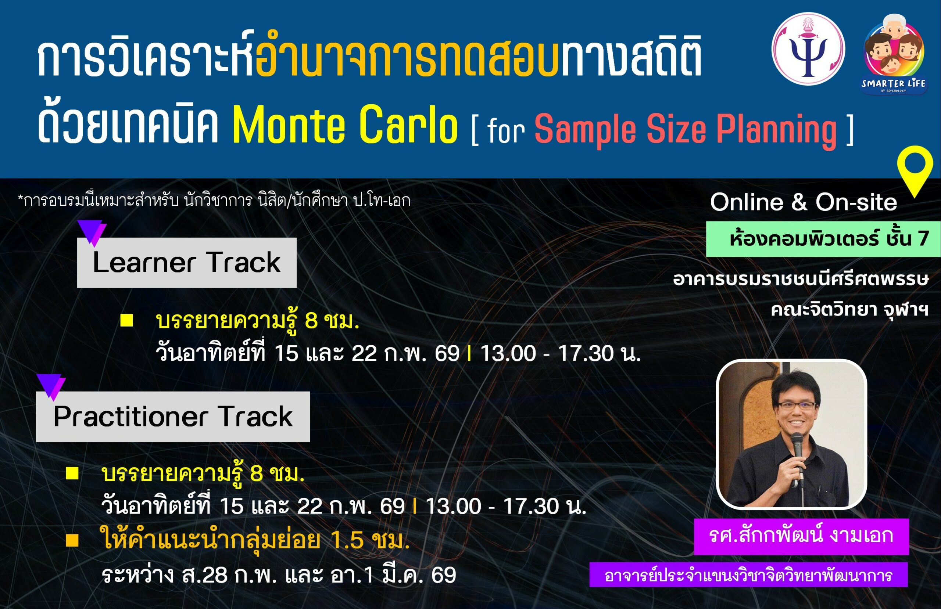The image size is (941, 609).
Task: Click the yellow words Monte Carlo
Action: click(x=345, y=125)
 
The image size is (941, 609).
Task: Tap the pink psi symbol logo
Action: click(x=808, y=48)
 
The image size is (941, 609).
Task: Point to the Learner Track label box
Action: click(x=187, y=262)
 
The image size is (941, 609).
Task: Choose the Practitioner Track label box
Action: click(x=173, y=417)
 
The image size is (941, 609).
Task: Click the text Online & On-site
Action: click(x=804, y=202)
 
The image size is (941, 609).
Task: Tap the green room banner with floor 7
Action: click(x=823, y=239)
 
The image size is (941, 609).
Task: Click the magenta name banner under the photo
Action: click(x=801, y=536)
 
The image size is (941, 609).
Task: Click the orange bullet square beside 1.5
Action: click(x=72, y=540)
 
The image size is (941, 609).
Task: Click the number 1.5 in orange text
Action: click(x=347, y=540)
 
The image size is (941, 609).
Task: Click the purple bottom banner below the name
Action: click(x=748, y=575)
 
